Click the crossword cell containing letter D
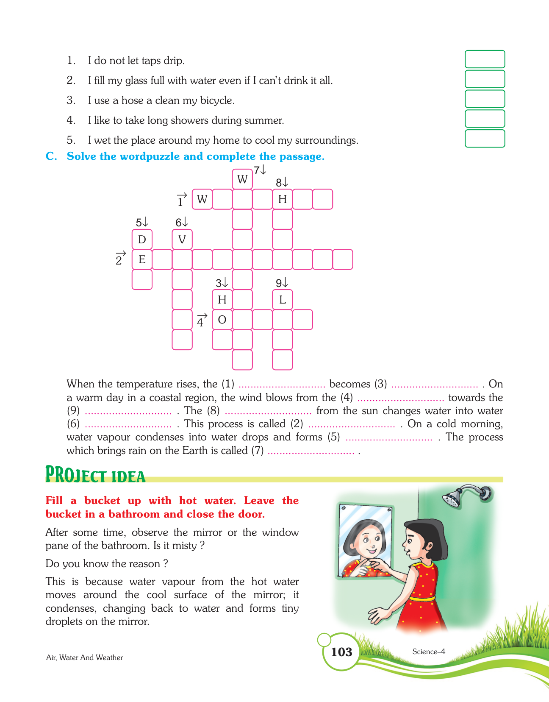click(x=142, y=240)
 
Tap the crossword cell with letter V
click(x=182, y=240)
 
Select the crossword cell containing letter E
click(x=142, y=259)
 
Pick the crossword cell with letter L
click(x=283, y=300)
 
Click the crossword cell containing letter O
click(x=222, y=320)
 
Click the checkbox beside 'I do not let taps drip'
click(x=485, y=59)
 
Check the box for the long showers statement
click(x=485, y=119)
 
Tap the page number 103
click(x=341, y=652)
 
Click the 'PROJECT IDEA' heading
click(x=95, y=475)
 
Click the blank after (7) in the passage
click(x=311, y=451)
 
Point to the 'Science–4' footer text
click(x=428, y=652)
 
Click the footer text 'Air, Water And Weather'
click(x=84, y=657)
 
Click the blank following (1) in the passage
click(x=282, y=384)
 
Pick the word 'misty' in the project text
click(x=184, y=546)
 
